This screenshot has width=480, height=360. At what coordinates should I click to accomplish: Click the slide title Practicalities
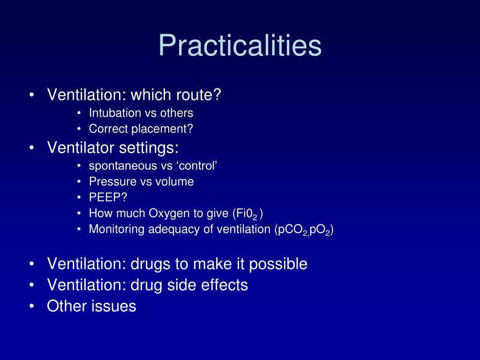240,45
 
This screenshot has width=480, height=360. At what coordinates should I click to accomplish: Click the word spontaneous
119,166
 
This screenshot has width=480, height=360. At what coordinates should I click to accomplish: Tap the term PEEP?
102,197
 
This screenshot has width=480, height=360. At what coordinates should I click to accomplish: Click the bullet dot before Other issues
31,307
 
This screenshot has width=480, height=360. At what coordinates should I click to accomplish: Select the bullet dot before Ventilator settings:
31,149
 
